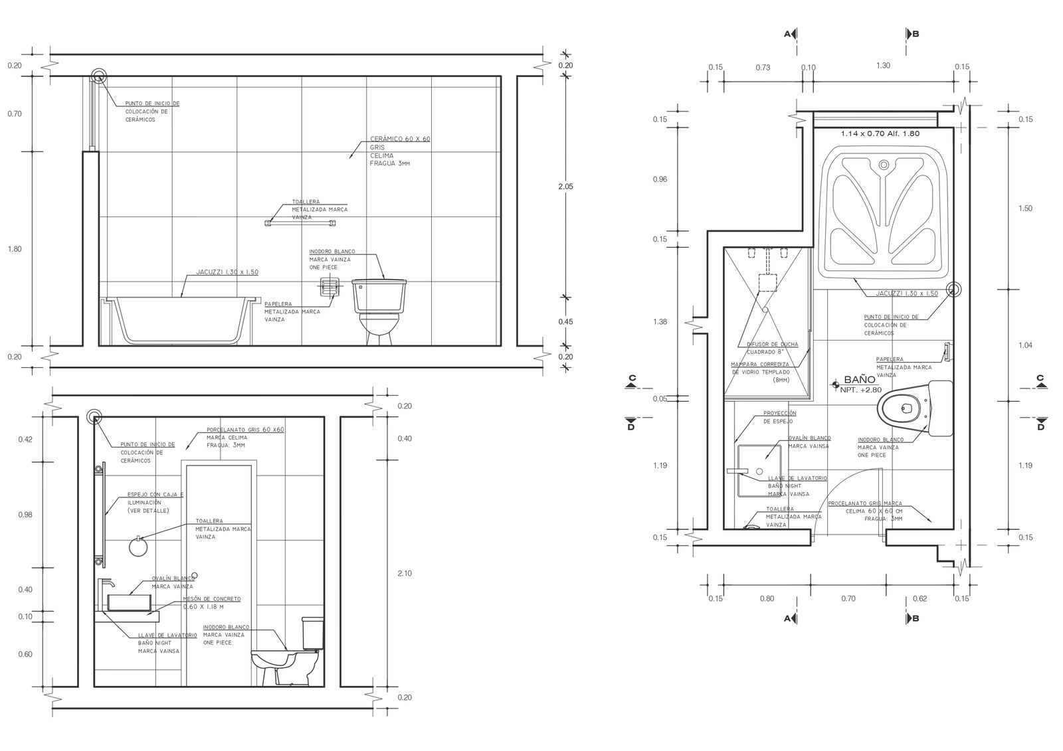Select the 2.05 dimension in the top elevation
(565, 187)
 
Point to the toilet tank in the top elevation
(379, 295)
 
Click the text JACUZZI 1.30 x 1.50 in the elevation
(227, 272)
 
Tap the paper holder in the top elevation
(327, 287)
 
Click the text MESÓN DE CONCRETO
(211, 599)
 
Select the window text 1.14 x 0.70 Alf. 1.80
(880, 133)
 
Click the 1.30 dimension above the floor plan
(883, 66)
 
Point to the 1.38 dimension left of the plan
(660, 322)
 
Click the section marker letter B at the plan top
(916, 33)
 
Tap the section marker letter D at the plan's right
(1040, 427)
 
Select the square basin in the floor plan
(759, 471)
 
